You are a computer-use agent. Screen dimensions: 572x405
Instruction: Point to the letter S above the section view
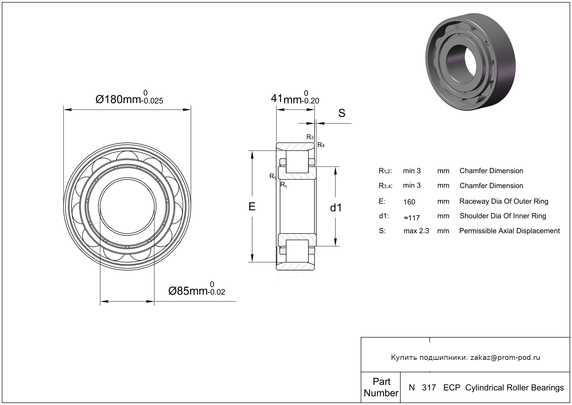pos(342,113)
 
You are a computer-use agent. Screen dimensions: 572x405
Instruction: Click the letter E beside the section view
pos(252,206)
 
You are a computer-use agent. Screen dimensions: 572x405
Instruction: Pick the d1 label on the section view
pos(336,208)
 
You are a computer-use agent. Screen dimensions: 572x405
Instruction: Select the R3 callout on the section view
pos(310,137)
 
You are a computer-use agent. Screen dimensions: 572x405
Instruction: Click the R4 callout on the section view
pos(321,145)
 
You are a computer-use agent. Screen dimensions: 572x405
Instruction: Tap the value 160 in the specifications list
pos(409,202)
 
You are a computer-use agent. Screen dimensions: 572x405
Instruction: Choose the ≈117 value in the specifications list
pos(412,218)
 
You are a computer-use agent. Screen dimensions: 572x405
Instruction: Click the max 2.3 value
pos(416,231)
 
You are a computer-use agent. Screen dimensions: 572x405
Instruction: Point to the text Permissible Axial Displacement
pos(510,231)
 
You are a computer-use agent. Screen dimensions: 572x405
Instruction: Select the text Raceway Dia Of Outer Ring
pos(504,201)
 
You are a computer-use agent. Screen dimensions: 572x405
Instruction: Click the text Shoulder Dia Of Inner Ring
pos(503,216)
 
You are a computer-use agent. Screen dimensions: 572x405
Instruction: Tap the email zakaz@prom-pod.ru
pos(505,357)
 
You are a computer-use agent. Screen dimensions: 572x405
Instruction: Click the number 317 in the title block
pos(429,388)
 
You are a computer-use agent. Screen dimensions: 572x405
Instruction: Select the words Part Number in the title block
pos(381,387)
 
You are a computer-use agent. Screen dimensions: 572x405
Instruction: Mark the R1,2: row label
pos(385,171)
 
